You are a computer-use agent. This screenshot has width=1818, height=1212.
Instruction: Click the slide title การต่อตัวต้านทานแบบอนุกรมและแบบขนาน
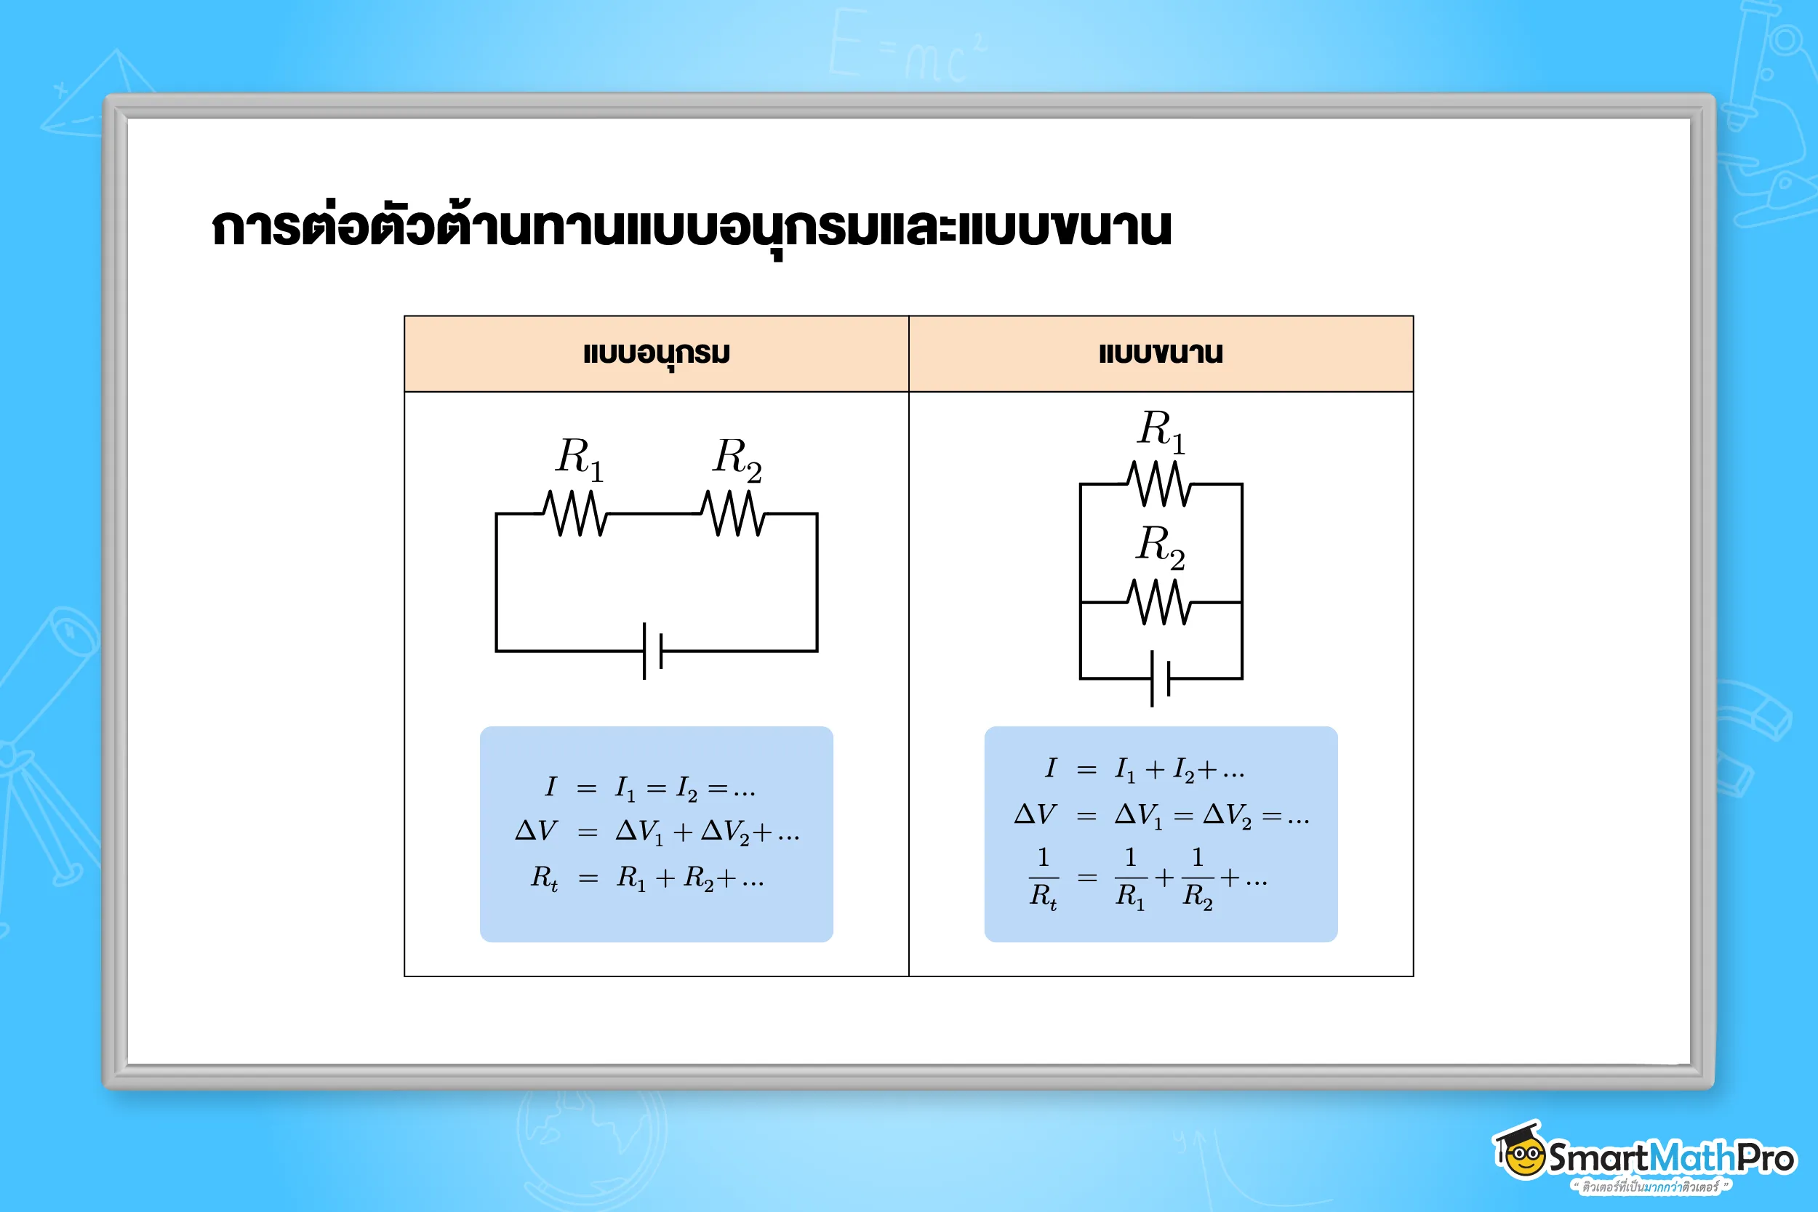pyautogui.click(x=691, y=229)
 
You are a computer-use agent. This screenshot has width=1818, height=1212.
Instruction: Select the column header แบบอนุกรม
pyautogui.click(x=656, y=354)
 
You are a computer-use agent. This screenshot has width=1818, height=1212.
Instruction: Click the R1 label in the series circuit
pyautogui.click(x=579, y=457)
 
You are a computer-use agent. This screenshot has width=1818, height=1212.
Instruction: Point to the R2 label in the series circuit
pyautogui.click(x=737, y=457)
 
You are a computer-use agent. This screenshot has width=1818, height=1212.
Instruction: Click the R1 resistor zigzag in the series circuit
pyautogui.click(x=575, y=513)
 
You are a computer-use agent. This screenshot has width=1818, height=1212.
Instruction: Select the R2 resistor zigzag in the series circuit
pyautogui.click(x=733, y=513)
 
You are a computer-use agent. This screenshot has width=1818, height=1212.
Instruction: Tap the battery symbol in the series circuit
pyautogui.click(x=653, y=651)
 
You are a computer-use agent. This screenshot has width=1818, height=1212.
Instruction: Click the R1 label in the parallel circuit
pyautogui.click(x=1160, y=430)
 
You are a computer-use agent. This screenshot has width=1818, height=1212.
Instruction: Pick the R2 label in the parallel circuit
pyautogui.click(x=1160, y=546)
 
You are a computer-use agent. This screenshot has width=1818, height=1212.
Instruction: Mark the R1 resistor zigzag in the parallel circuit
pyautogui.click(x=1159, y=484)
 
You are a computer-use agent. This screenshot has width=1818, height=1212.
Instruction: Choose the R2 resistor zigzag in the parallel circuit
pyautogui.click(x=1159, y=602)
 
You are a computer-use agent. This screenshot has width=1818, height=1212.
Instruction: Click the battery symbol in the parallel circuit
pyautogui.click(x=1160, y=678)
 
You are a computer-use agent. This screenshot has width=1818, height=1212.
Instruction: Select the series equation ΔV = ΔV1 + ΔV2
pyautogui.click(x=657, y=832)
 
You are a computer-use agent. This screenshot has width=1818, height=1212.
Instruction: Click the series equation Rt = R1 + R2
pyautogui.click(x=648, y=878)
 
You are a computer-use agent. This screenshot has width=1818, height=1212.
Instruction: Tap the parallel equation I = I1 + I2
pyautogui.click(x=1145, y=769)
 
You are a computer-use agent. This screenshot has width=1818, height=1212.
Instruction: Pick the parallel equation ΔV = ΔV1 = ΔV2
pyautogui.click(x=1161, y=815)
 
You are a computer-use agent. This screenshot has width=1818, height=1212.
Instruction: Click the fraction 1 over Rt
pyautogui.click(x=1043, y=878)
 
